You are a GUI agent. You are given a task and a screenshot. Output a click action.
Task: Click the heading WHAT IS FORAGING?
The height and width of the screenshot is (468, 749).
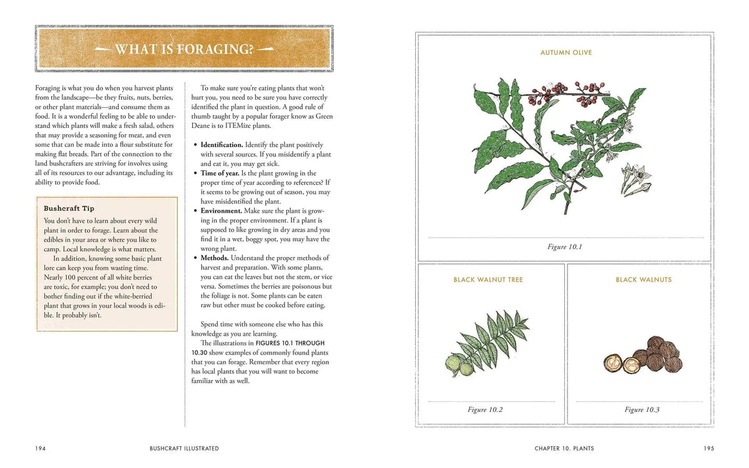click(x=185, y=48)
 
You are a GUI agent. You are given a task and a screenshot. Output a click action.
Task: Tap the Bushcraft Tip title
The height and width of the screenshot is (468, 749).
click(x=69, y=208)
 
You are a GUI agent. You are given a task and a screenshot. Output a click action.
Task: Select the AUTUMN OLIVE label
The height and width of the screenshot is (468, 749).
click(x=565, y=53)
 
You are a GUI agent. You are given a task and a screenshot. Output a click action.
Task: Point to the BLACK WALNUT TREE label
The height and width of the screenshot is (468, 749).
click(x=488, y=280)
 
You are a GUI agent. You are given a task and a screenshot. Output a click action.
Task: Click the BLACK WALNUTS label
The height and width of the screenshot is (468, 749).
click(x=644, y=280)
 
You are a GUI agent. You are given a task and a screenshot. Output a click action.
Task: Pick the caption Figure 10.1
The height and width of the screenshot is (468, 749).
click(x=564, y=247)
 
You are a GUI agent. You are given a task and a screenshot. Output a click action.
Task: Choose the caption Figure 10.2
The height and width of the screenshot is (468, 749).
click(x=485, y=410)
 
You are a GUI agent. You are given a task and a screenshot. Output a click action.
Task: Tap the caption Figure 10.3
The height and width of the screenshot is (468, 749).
click(x=642, y=410)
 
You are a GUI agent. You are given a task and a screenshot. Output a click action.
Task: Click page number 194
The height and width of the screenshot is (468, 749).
click(x=41, y=448)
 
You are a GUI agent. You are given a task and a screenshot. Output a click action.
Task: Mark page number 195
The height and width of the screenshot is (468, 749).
click(x=708, y=448)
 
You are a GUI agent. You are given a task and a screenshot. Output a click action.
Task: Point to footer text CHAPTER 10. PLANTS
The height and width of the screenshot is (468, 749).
click(x=564, y=448)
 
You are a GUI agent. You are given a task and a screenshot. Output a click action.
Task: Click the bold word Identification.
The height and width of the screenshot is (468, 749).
click(x=222, y=145)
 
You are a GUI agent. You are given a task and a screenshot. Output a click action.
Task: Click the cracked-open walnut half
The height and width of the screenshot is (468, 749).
click(x=612, y=363)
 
